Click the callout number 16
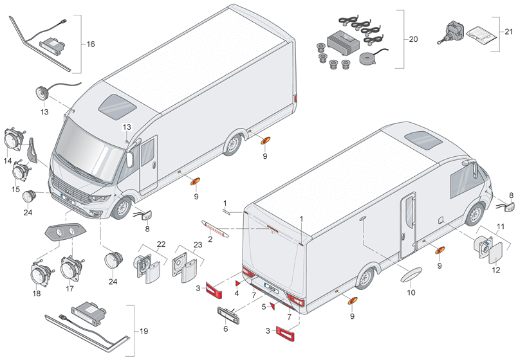coord(91,44)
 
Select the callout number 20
coord(413,39)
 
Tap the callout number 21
coord(509,32)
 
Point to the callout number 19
coord(143,331)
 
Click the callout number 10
coord(411,292)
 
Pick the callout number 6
coord(226,328)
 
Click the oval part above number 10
coord(411,274)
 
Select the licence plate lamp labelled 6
coord(228,316)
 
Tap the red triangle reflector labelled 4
coord(237,283)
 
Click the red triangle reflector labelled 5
coord(273,306)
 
